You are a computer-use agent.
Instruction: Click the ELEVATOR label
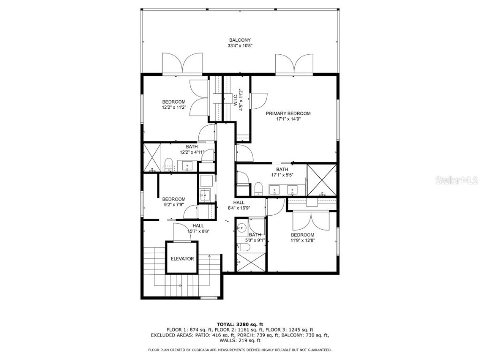(182, 258)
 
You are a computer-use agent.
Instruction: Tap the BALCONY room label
(240, 40)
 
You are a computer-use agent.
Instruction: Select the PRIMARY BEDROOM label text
(288, 113)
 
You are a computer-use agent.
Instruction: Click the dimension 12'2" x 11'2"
(173, 108)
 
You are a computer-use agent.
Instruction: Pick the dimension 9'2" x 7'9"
(173, 205)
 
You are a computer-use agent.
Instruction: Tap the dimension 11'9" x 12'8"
(302, 240)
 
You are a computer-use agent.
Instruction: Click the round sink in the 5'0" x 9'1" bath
(242, 228)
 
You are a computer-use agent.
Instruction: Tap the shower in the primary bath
(321, 179)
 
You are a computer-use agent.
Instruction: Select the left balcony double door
(182, 65)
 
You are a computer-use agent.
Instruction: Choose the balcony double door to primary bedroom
(294, 65)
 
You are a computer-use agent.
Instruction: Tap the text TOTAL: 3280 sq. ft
(240, 324)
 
